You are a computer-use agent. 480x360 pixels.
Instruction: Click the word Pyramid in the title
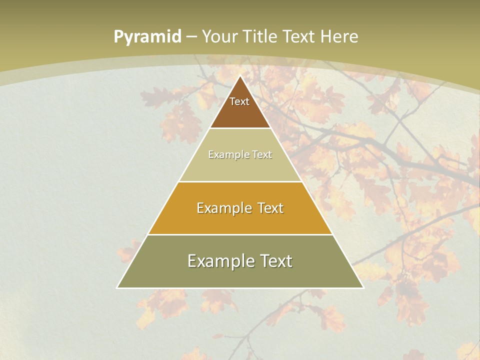click(147, 37)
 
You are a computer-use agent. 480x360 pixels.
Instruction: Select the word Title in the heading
click(260, 36)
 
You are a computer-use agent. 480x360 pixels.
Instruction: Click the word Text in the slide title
click(298, 36)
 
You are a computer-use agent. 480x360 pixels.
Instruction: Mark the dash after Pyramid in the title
click(191, 37)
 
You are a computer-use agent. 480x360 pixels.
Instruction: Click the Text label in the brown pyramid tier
click(239, 101)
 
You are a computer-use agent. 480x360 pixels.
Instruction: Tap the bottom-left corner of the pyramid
click(117, 287)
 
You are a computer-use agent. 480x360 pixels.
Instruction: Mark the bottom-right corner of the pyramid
click(363, 287)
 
